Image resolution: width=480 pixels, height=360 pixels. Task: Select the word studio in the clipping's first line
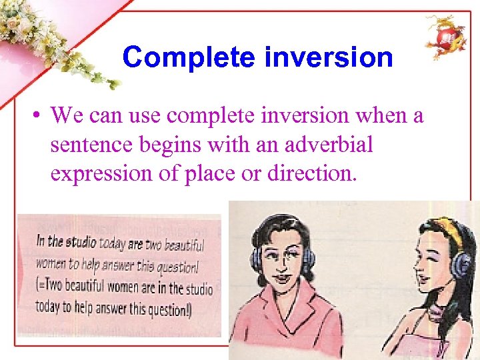pyautogui.click(x=81, y=243)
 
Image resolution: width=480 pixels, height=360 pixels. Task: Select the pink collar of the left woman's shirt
pyautogui.click(x=267, y=313)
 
